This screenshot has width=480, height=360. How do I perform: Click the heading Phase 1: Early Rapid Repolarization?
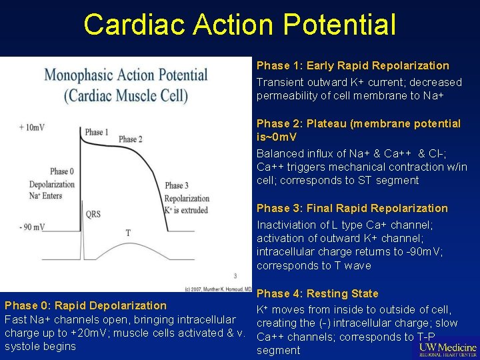[353, 65]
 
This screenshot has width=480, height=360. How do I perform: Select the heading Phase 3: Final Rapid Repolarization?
[352, 208]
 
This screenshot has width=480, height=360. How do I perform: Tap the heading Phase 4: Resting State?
[317, 293]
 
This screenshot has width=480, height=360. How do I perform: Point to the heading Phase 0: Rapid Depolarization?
[85, 305]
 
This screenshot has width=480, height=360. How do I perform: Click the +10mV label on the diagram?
[33, 127]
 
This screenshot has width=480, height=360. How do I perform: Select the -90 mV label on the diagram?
[32, 227]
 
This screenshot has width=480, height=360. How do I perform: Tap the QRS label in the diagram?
[93, 214]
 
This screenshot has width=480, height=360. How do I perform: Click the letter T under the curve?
[128, 233]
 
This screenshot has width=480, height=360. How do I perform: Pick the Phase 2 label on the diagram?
[130, 139]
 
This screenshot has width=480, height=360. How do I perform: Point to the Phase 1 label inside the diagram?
[97, 132]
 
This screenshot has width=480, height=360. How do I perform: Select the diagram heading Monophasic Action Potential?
[126, 74]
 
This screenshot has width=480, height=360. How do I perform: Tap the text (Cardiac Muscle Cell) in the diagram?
[126, 95]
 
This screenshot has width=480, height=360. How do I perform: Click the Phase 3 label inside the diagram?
[176, 185]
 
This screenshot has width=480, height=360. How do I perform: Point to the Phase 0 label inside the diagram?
[61, 171]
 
